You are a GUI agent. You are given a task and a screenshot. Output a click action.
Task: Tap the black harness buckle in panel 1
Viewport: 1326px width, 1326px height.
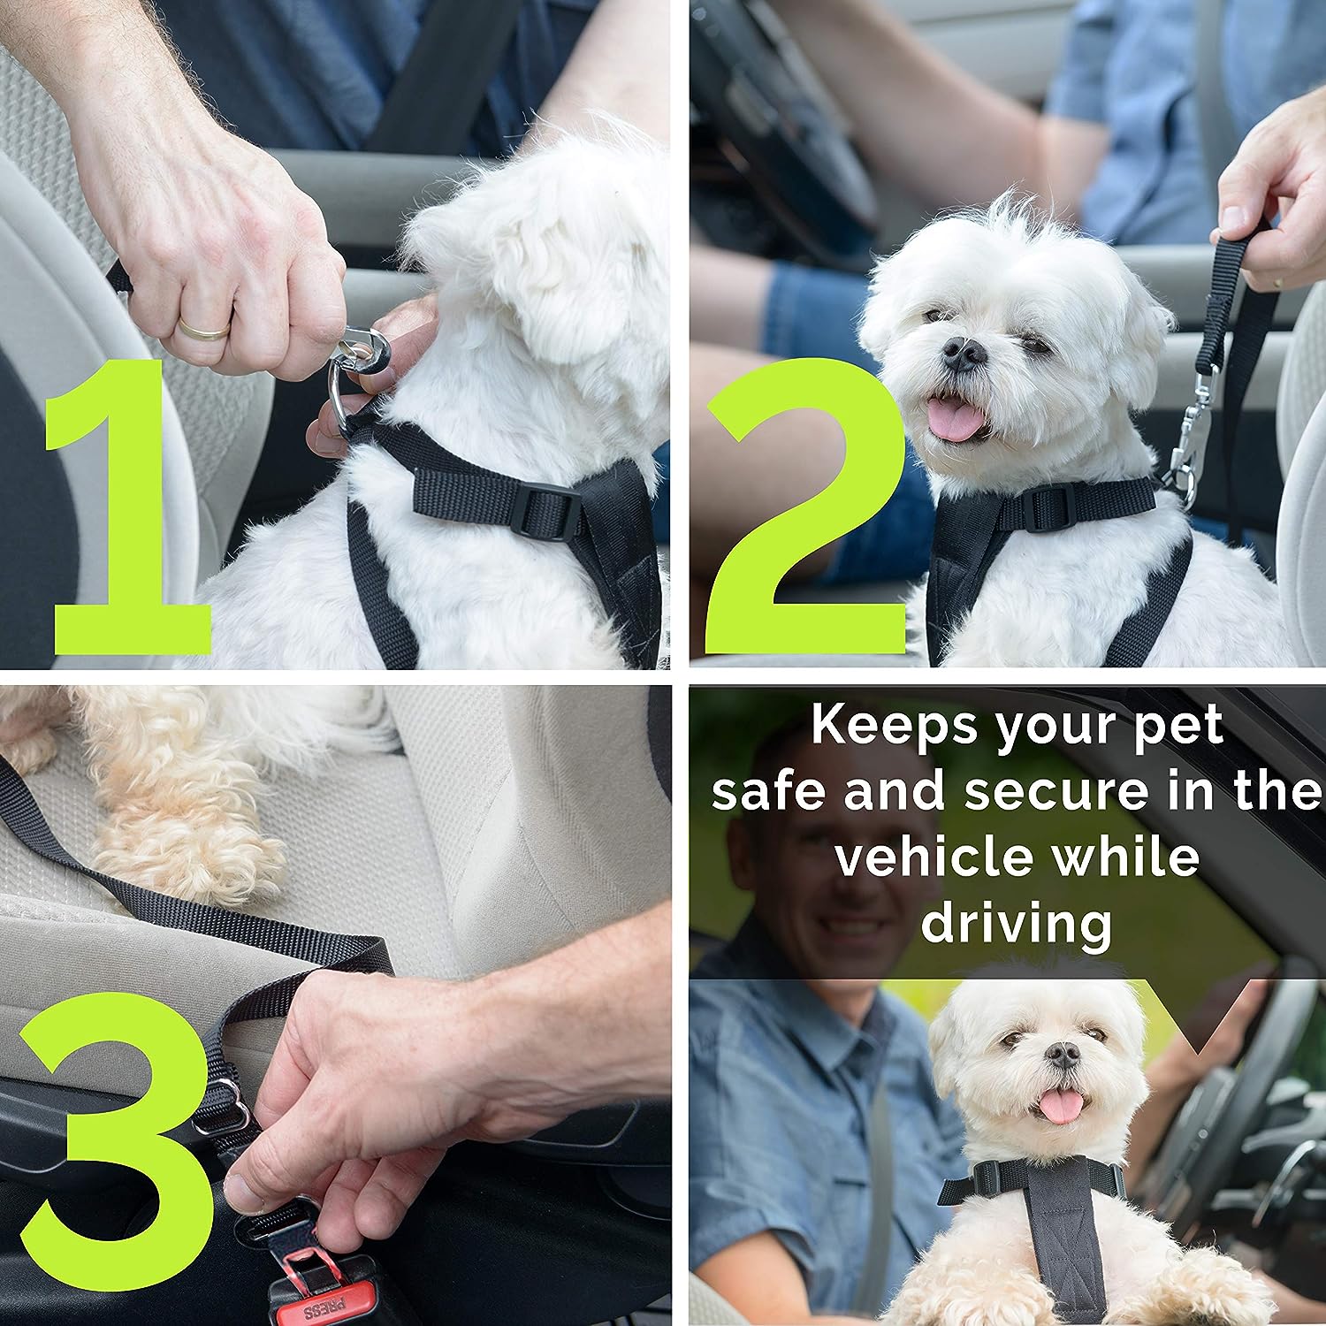tap(545, 514)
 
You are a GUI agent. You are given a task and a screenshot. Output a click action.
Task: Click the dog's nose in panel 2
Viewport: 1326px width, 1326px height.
tap(964, 354)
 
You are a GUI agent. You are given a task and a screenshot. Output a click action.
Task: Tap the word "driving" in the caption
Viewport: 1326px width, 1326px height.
tap(1017, 925)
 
